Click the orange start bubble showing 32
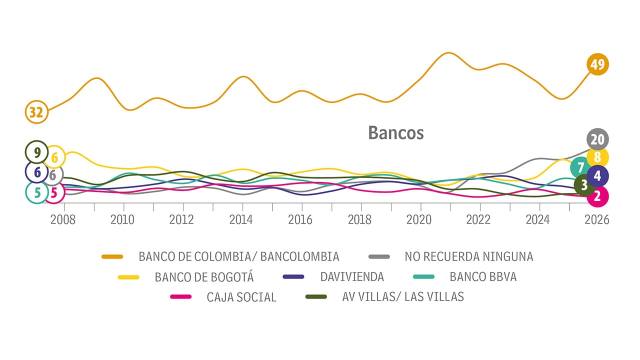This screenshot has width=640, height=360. tap(36, 112)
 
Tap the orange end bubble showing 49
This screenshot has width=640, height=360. tap(597, 64)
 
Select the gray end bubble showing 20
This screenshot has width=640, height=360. tap(597, 139)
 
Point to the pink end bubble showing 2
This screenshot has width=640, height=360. tap(597, 196)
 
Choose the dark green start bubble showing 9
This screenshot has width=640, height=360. tap(36, 151)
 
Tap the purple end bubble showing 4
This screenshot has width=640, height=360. tap(598, 176)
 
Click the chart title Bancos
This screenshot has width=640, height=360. tap(395, 133)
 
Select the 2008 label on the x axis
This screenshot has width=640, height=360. tap(63, 220)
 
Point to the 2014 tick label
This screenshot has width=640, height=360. tap(241, 220)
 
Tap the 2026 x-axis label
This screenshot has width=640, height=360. tap(597, 220)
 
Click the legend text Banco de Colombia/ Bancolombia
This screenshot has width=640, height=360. tap(239, 256)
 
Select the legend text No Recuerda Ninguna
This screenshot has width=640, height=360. tap(468, 256)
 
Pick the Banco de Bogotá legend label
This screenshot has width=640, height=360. tap(204, 277)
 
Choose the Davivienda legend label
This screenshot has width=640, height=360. tap(352, 276)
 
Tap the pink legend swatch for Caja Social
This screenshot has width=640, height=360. tap(180, 297)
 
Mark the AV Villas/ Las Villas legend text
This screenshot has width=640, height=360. tap(403, 297)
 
